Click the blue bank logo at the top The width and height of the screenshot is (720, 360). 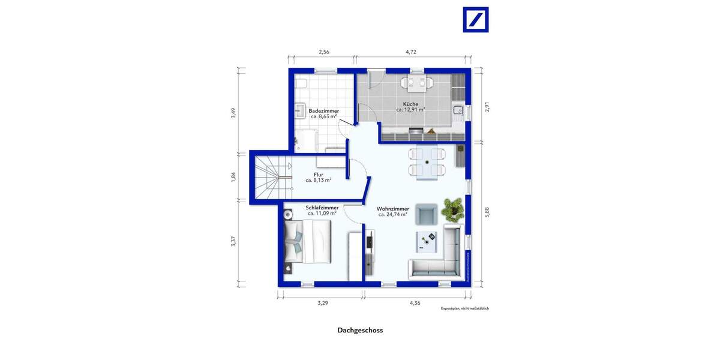pyautogui.click(x=476, y=19)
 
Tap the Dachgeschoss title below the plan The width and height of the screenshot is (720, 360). pyautogui.click(x=360, y=330)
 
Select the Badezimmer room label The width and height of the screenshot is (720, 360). pyautogui.click(x=324, y=114)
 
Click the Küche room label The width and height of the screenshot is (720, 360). pyautogui.click(x=410, y=107)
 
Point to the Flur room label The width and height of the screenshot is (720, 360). pyautogui.click(x=318, y=177)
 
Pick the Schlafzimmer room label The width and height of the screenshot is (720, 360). pyautogui.click(x=322, y=210)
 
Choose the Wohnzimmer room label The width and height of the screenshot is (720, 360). pyautogui.click(x=393, y=211)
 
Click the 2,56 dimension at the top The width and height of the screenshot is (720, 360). pyautogui.click(x=323, y=52)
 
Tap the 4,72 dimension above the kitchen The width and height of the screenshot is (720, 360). pyautogui.click(x=411, y=52)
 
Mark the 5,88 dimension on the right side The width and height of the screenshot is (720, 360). pyautogui.click(x=487, y=212)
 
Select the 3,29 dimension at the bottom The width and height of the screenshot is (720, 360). pyautogui.click(x=322, y=303)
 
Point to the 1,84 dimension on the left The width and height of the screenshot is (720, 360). pyautogui.click(x=234, y=177)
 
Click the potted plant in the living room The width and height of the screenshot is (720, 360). pyautogui.click(x=452, y=209)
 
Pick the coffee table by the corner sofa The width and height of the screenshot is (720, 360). pyautogui.click(x=428, y=241)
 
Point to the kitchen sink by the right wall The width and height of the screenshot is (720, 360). pyautogui.click(x=458, y=110)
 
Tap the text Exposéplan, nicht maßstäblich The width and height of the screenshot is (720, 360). pyautogui.click(x=465, y=308)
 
